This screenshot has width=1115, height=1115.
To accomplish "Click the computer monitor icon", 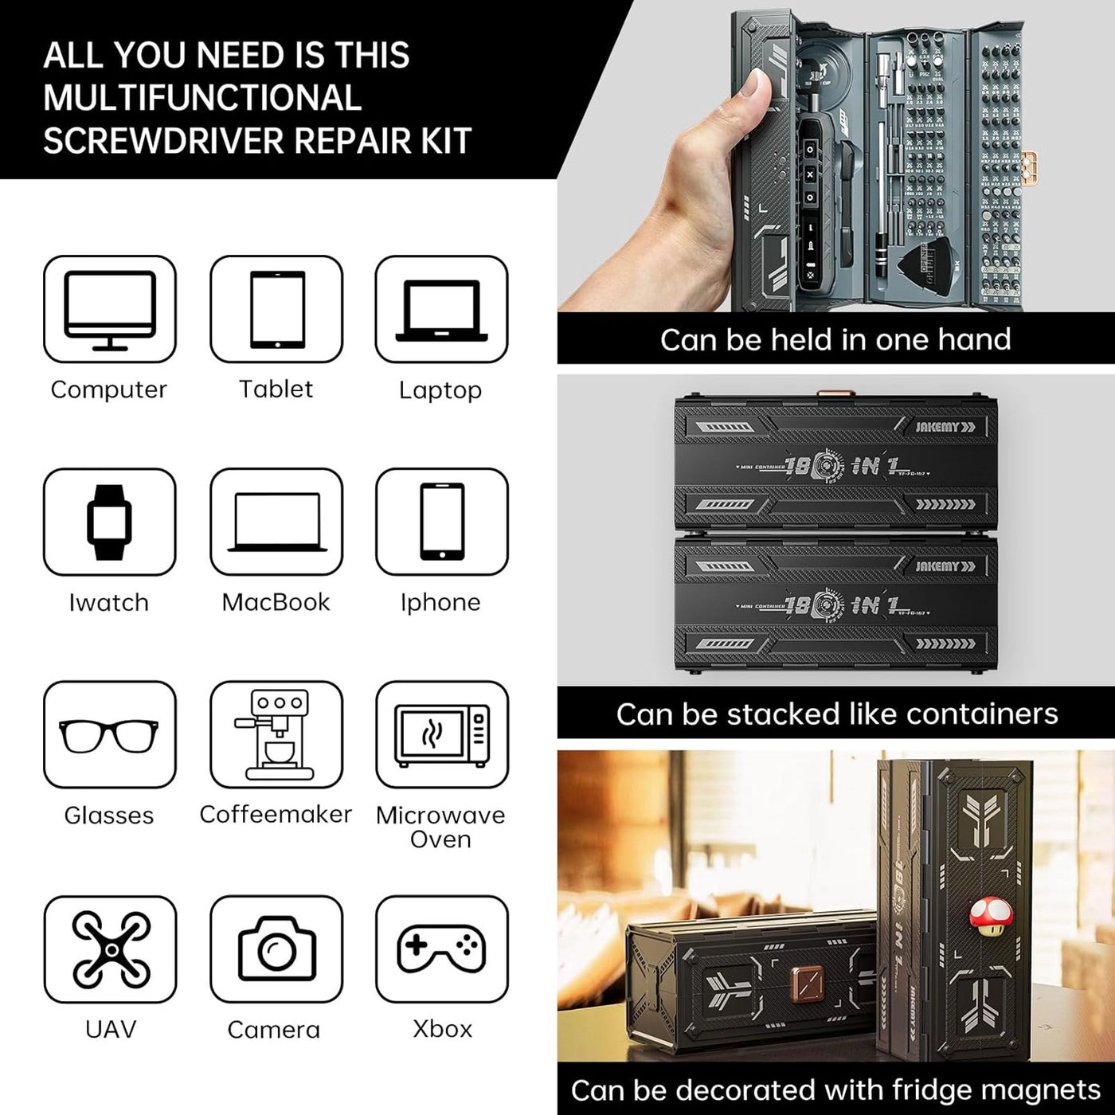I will [x=110, y=310].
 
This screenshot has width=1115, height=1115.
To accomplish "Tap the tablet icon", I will [x=276, y=310].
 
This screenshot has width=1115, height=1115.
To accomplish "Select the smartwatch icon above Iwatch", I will [x=110, y=522].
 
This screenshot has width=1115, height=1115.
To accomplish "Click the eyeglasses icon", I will [x=110, y=734].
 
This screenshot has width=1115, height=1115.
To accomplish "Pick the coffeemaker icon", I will [x=276, y=734].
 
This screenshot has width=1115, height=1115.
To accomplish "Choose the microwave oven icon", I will [x=442, y=734].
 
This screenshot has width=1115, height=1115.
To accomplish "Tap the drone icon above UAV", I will [x=111, y=949].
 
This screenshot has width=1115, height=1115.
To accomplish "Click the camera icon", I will [x=276, y=949].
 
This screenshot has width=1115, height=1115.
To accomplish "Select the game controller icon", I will [x=442, y=948].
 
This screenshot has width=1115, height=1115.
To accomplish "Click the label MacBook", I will [x=276, y=602].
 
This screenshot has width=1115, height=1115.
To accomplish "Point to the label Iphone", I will [x=440, y=602].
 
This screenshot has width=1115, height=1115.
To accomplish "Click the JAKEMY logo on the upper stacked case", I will [x=945, y=427].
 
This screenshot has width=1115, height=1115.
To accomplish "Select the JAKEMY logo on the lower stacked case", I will [x=945, y=566].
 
